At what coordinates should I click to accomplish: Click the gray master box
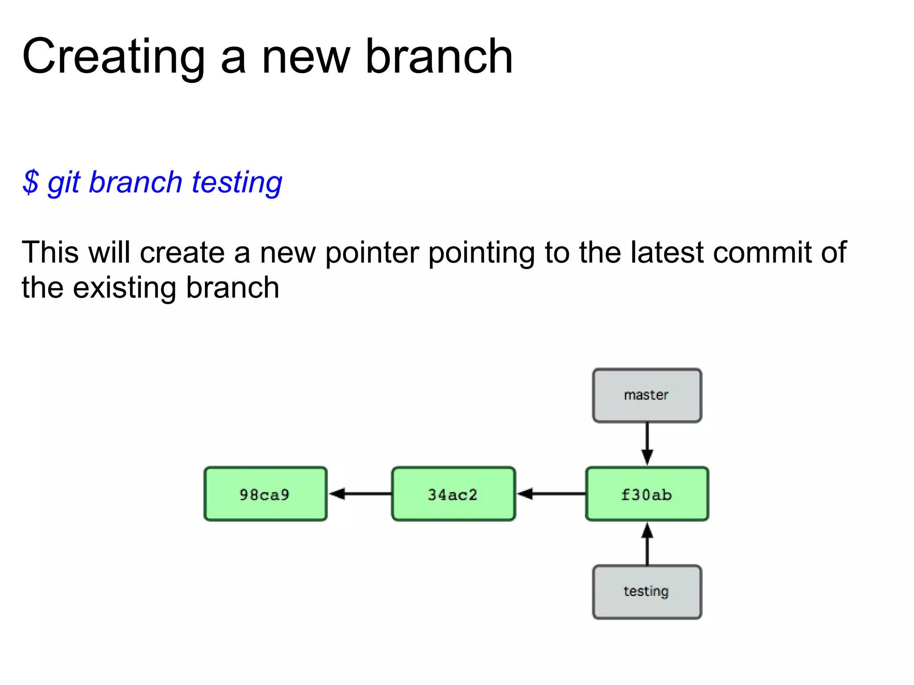[647, 396]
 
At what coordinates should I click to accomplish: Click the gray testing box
[647, 592]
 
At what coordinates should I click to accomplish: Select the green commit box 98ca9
[265, 494]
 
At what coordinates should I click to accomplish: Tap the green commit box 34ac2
[453, 494]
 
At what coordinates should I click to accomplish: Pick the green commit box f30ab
[647, 494]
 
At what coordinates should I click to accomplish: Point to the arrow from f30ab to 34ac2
[551, 494]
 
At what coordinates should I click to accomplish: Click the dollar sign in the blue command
[30, 182]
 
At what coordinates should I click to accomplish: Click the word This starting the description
[50, 252]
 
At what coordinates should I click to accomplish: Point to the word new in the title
[305, 57]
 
